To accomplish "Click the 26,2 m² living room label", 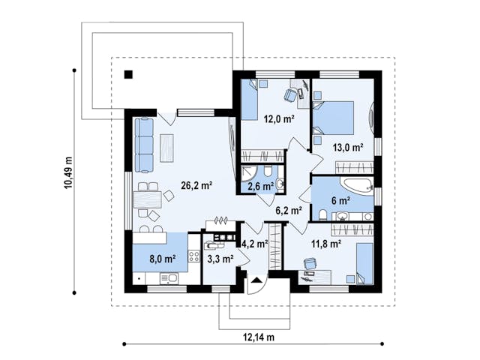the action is point(196,185).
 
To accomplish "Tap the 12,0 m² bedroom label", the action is point(279,118).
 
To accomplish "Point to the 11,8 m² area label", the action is point(327,244).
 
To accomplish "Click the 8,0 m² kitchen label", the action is point(162,259).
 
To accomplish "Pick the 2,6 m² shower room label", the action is point(260,186).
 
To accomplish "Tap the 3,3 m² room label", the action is point(220,259).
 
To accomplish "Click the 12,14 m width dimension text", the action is point(259,337).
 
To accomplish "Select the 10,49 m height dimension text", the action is point(68,172).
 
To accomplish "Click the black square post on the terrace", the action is point(128,75).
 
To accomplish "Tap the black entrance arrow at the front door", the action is point(256,280).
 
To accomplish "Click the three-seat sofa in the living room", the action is point(144,145).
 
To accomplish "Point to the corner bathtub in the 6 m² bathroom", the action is point(357,185).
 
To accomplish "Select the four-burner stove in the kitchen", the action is point(194,256).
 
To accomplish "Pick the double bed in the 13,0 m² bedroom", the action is point(333,118).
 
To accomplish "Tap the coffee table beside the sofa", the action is point(166,148).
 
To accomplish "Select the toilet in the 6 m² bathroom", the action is point(322,215).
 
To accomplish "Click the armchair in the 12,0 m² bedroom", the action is point(290,94).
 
